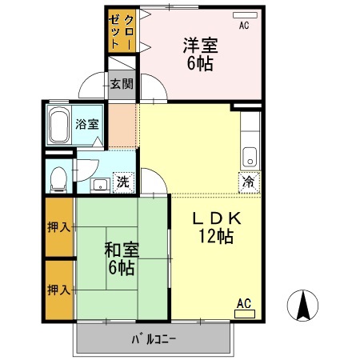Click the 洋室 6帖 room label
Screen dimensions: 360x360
[200, 53]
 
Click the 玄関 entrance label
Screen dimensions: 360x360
[122, 83]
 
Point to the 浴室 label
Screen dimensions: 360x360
[86, 124]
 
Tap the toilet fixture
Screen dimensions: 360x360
[57, 178]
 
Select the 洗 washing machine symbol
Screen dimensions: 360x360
[122, 182]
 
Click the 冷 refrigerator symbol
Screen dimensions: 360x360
[249, 181]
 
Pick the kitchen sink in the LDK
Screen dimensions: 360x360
[250, 155]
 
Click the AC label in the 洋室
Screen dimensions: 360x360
[243, 25]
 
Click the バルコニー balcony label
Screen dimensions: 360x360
[154, 338]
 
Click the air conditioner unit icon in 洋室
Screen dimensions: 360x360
[243, 15]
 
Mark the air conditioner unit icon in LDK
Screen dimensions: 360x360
[244, 314]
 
